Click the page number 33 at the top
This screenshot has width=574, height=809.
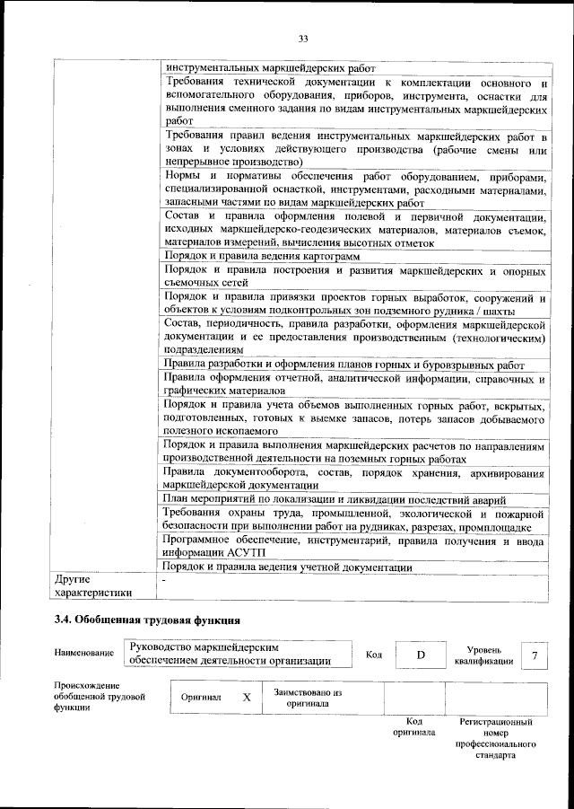302,37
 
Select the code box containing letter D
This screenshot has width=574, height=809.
420,655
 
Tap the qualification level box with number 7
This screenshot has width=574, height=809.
535,655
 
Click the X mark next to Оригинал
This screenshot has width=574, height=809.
246,697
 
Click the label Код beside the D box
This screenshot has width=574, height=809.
374,655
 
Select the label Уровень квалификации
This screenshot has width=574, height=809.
483,655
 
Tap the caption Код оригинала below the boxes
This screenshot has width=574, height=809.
413,726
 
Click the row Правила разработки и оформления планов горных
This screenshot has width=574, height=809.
343,364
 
